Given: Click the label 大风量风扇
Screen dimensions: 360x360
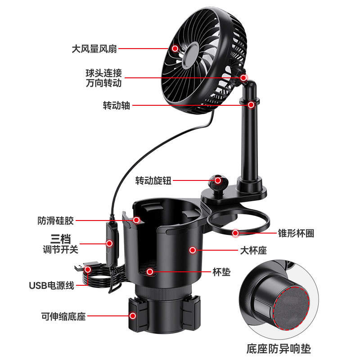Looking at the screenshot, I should tap(94, 49).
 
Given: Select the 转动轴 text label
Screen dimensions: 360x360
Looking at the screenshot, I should tap(117, 105).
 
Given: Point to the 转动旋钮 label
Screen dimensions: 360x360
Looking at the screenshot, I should tap(153, 180).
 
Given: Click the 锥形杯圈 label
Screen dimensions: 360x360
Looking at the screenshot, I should tap(296, 233).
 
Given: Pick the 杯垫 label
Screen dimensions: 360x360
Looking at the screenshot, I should tap(221, 272).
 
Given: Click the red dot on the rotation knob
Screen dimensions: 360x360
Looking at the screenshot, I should tap(218, 180).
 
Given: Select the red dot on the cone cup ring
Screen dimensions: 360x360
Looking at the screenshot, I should tap(235, 233).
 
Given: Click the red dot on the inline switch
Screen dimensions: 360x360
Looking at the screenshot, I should tap(109, 243).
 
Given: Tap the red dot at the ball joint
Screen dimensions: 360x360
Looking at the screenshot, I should tap(243, 78).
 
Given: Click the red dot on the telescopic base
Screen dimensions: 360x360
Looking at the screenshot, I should tap(133, 316).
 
